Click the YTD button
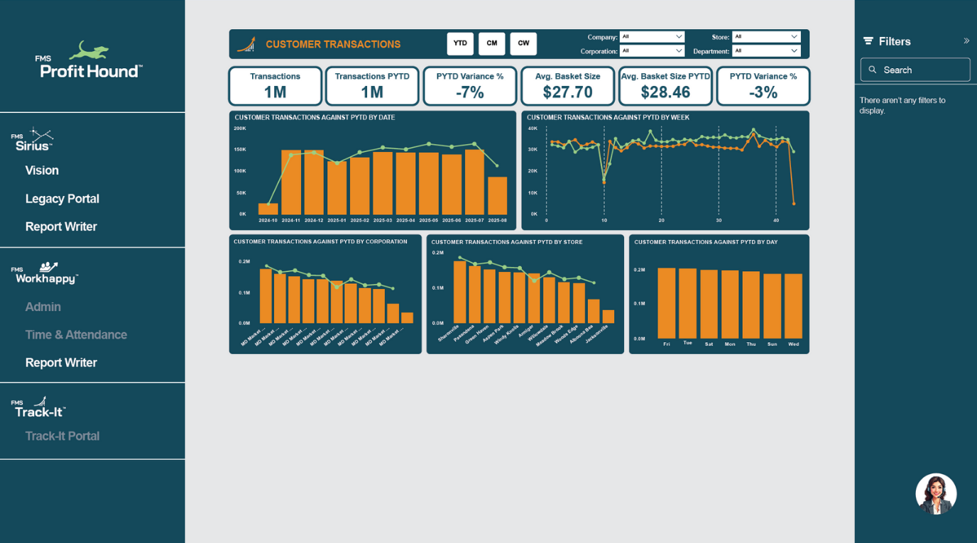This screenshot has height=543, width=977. pos(460,43)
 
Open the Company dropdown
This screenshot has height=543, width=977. pos(651,37)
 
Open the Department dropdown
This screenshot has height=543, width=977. pos(766,51)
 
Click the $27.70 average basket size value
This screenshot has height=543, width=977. pos(567,92)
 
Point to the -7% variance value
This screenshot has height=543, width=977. pos(470,92)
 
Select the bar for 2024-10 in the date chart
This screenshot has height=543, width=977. pos(268,209)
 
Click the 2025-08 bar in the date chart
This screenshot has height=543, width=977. pos(498,196)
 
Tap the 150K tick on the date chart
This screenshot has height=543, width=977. pos(240,150)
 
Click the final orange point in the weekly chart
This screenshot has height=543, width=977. pos(794,204)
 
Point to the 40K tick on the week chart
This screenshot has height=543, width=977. pos(533,128)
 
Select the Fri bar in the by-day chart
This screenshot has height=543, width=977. pos(667,303)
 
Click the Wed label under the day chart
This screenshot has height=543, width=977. pos(794,344)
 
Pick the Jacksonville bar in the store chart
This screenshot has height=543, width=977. pos(608,317)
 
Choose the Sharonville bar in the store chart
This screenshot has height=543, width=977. pos(460,292)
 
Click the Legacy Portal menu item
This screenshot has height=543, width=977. pos(62,199)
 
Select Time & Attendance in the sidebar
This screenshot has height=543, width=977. pos(76,335)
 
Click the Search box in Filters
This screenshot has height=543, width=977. pos(915,70)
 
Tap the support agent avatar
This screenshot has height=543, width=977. pos(936,494)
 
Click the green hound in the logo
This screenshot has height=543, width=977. pos(89,51)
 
